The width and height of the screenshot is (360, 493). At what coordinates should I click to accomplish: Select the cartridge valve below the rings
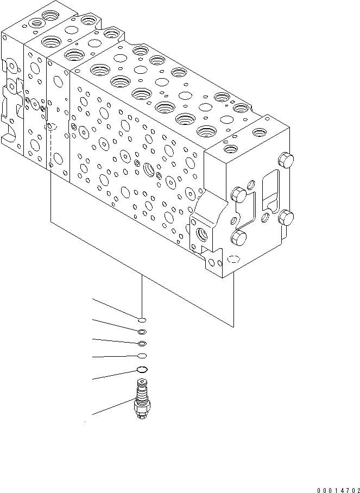[142, 401]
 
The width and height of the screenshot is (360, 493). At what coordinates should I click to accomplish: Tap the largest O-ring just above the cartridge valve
[142, 370]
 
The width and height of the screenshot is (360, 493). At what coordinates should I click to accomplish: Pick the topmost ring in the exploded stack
[141, 320]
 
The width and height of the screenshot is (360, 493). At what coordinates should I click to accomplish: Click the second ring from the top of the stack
[142, 332]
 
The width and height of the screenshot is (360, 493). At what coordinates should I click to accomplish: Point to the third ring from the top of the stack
[142, 343]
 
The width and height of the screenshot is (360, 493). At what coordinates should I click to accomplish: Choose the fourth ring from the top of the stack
[142, 356]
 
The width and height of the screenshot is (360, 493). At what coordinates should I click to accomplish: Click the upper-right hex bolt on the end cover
[286, 161]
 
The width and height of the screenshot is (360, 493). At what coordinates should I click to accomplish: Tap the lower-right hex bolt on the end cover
[286, 218]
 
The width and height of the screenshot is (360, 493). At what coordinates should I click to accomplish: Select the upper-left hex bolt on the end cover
[239, 194]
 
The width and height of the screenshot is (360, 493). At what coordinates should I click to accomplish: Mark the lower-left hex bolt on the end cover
[239, 237]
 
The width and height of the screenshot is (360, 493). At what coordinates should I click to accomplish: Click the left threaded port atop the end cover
[231, 148]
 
